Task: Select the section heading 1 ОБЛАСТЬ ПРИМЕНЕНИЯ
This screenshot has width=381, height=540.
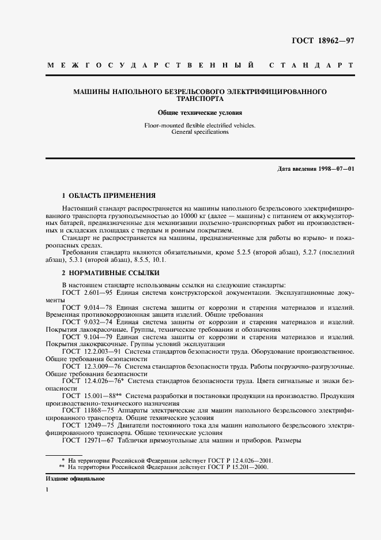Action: (x=109, y=195)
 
